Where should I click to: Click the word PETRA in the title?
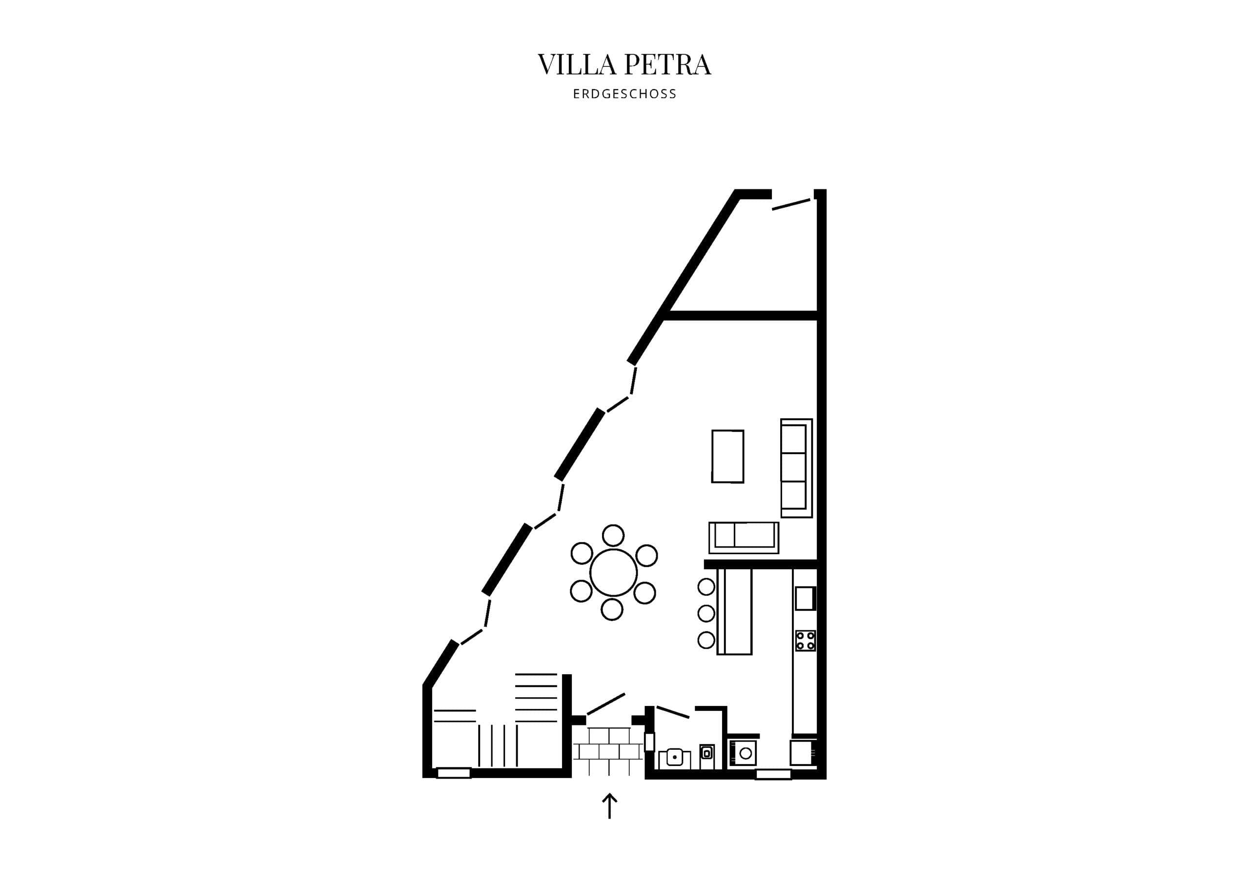[x=667, y=65]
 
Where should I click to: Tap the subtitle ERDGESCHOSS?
[x=624, y=94]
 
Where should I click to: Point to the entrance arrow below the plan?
[x=609, y=806]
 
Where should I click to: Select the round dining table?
[x=613, y=573]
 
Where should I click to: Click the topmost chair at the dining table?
[x=613, y=535]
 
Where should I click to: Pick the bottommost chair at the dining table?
[x=611, y=609]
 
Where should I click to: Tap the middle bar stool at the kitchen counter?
[x=706, y=613]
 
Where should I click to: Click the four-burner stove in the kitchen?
[x=805, y=641]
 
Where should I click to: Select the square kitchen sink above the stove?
[x=805, y=599]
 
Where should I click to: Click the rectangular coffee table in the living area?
[x=727, y=456]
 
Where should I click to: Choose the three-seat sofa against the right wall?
[x=796, y=468]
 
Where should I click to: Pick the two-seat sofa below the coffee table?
[x=744, y=538]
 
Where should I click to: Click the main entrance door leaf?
[x=605, y=704]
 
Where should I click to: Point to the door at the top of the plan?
[x=791, y=204]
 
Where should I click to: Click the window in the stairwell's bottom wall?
[x=454, y=773]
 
